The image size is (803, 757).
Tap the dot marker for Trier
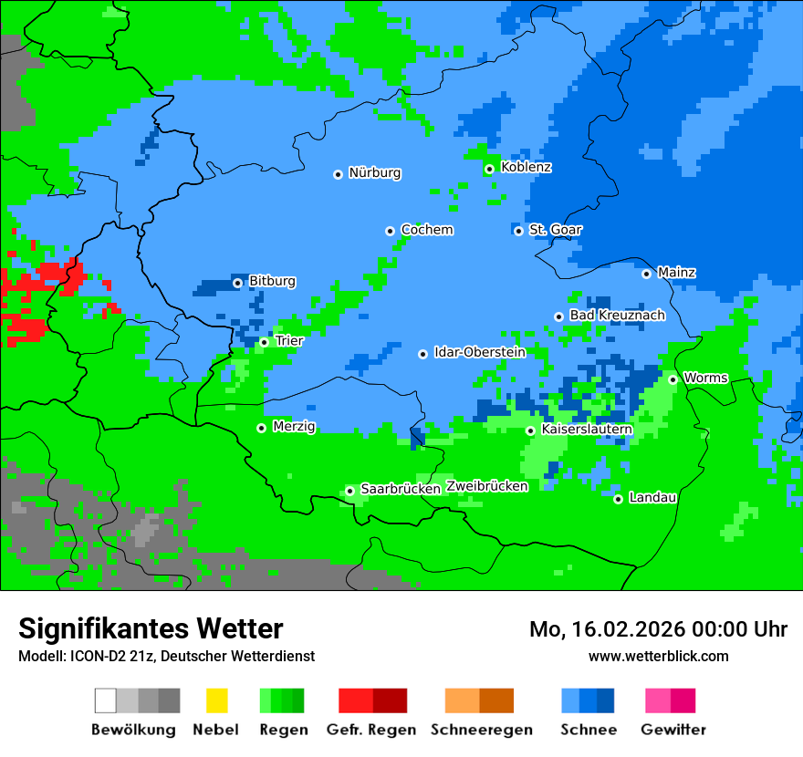[x=264, y=342]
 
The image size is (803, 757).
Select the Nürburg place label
[x=374, y=173]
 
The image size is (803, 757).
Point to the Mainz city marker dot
[x=646, y=274]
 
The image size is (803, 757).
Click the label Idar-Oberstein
[x=480, y=352]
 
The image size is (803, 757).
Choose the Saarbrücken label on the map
[x=401, y=489]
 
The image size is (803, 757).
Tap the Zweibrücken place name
[x=486, y=486]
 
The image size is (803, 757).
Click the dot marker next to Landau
[x=618, y=499]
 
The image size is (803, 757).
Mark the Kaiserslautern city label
[x=587, y=429]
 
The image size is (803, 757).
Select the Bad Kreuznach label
[x=617, y=316]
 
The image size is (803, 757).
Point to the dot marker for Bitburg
[x=237, y=283]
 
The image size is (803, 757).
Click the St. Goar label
[x=555, y=230]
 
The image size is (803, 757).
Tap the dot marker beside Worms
[x=673, y=379]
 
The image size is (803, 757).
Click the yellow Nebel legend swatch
[x=216, y=700]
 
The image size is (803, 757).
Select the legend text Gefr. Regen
[x=371, y=730]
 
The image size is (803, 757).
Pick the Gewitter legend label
[x=673, y=730]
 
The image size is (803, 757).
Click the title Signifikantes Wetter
[x=151, y=629]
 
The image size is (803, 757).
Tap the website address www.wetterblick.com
[x=659, y=656]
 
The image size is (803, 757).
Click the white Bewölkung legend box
[x=106, y=700]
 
